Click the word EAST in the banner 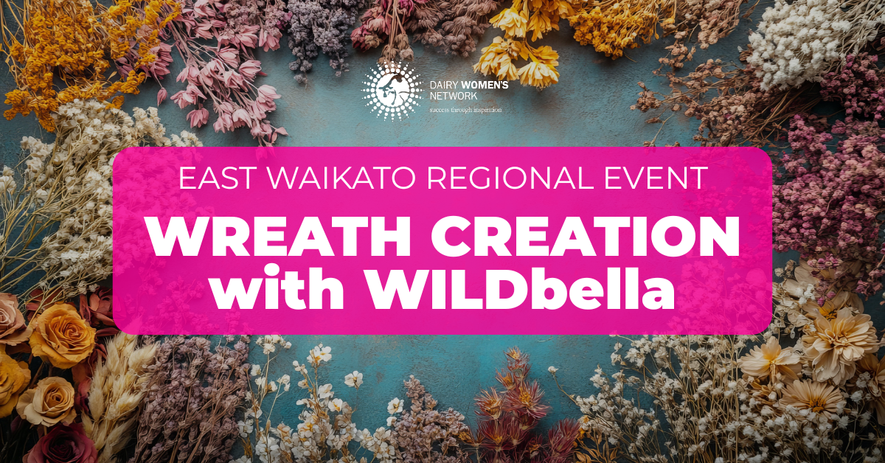pyautogui.click(x=215, y=178)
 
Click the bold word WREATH pyautogui.click(x=280, y=238)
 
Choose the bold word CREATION pyautogui.click(x=585, y=238)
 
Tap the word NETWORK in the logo pyautogui.click(x=454, y=96)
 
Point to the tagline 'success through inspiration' pyautogui.click(x=465, y=110)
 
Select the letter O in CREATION pyautogui.click(x=672, y=238)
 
